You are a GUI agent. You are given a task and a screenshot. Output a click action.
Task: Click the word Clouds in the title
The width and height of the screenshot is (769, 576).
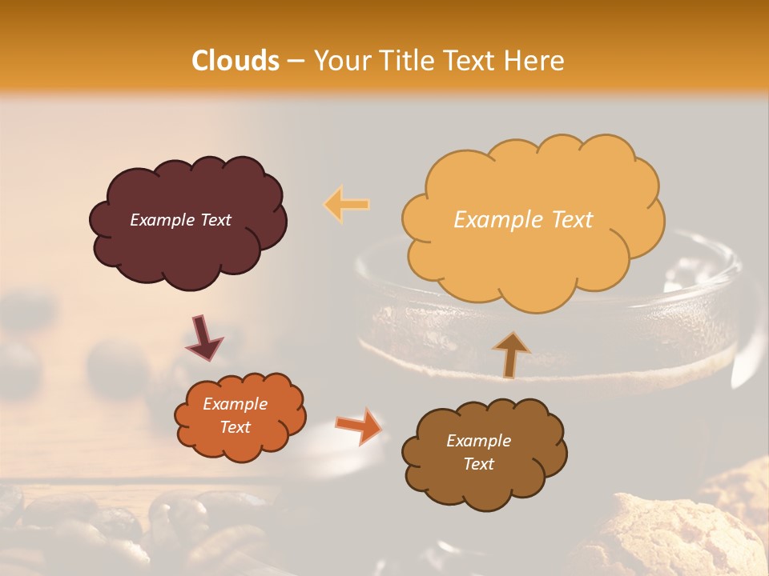pos(236,61)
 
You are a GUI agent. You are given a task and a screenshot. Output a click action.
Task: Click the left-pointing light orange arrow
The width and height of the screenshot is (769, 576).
pos(347,205)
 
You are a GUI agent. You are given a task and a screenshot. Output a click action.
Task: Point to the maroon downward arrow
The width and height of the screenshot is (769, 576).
pos(204,338)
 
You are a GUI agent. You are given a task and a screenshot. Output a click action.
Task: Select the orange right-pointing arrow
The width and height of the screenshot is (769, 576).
pos(359,426)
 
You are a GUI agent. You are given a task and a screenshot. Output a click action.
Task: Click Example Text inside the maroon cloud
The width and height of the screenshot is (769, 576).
pos(180,220)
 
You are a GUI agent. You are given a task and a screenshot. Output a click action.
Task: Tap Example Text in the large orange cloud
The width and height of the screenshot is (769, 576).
pos(523,220)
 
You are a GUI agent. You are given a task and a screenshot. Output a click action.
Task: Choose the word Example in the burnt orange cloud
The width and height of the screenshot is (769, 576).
pos(235,404)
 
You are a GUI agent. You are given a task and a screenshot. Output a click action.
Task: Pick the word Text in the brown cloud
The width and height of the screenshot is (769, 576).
pos(478,464)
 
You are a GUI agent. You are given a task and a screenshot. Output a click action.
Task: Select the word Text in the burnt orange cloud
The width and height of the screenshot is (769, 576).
pos(235,427)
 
